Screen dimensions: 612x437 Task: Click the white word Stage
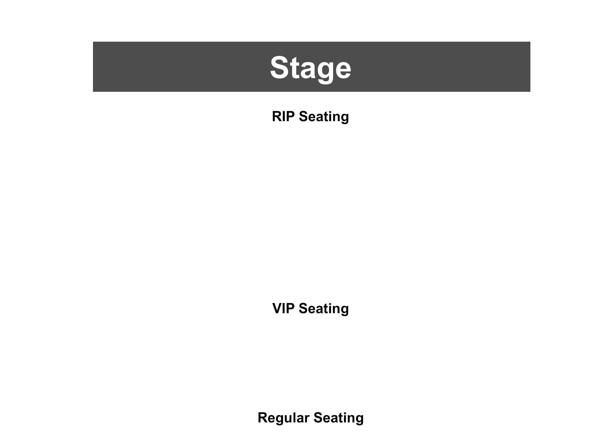pos(311,69)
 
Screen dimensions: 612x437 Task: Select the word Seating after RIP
pos(324,117)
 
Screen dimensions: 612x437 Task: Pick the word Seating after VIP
pos(324,309)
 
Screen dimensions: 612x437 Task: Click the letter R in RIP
pos(277,117)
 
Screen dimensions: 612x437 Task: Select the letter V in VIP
pos(278,309)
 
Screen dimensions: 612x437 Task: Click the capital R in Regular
pos(263,417)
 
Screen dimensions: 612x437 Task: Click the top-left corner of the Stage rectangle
pos(93,42)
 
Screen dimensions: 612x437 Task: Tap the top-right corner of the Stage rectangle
pos(530,42)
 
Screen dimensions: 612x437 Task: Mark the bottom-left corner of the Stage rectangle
pos(93,92)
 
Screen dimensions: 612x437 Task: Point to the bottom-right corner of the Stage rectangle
pos(530,92)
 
